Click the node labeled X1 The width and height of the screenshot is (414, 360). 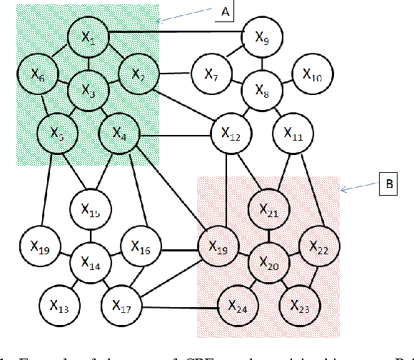[x=89, y=37]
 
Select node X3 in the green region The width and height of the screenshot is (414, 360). [x=89, y=90]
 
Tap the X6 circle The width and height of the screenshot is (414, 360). [x=38, y=73]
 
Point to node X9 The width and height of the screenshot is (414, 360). [x=262, y=36]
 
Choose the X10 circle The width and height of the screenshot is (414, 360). [x=312, y=73]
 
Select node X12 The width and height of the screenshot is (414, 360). [x=230, y=133]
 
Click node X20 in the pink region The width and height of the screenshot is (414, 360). [x=267, y=264]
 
